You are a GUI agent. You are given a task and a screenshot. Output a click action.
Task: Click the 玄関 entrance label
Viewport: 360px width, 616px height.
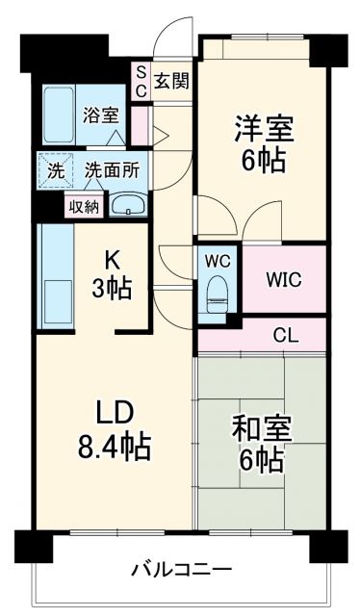click(172, 81)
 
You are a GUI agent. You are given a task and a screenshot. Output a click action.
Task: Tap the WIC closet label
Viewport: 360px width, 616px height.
click(285, 280)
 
